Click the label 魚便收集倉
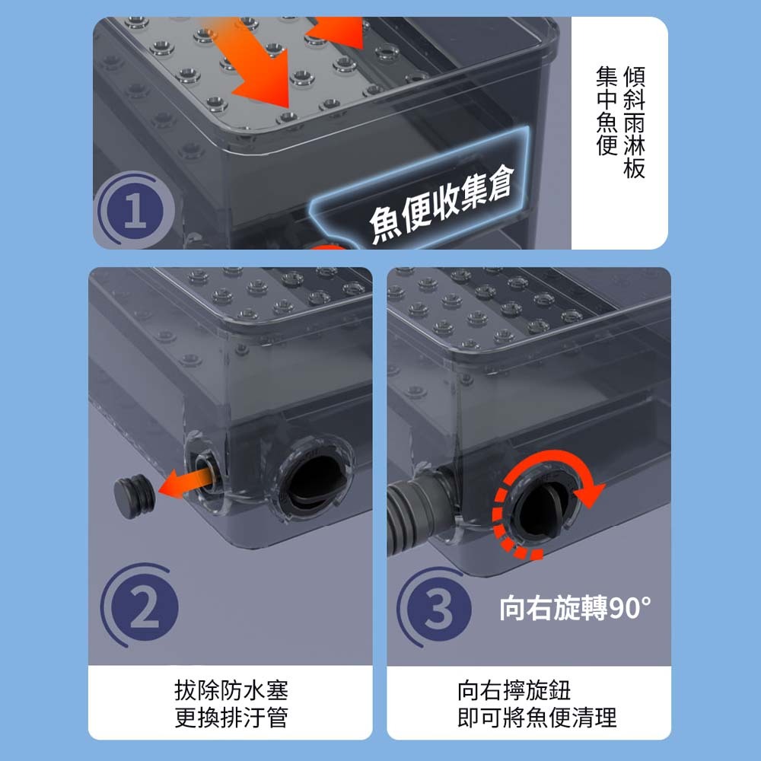(441, 204)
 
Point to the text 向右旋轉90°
(575, 607)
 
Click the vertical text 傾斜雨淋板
(635, 123)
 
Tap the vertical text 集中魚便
(607, 111)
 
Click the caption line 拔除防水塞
(231, 691)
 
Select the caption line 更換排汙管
(231, 718)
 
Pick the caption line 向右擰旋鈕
(514, 691)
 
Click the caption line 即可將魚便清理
(537, 718)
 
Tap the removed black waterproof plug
(135, 496)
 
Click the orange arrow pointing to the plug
(187, 485)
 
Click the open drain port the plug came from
(207, 471)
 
